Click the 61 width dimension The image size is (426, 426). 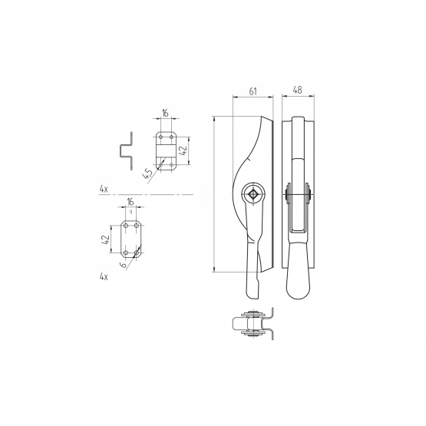[x=253, y=91]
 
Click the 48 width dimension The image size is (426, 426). [x=298, y=91]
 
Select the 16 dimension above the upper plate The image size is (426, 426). [x=165, y=113]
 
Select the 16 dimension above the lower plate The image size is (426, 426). [x=130, y=202]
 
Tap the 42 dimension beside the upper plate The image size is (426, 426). [x=183, y=150]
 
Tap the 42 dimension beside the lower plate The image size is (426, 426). [x=106, y=239]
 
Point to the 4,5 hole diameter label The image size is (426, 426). [x=147, y=174]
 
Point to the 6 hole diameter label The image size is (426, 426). [x=124, y=265]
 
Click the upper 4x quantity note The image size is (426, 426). [x=104, y=190]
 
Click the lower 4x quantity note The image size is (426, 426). [x=104, y=277]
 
